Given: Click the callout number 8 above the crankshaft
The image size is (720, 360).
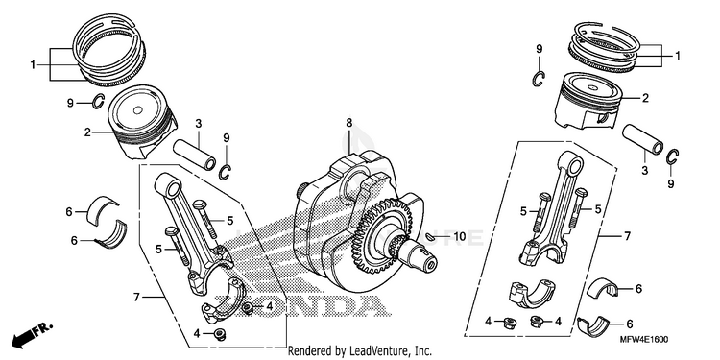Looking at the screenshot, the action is tap(349, 123).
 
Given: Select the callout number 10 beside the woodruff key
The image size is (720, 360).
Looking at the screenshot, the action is tap(460, 236).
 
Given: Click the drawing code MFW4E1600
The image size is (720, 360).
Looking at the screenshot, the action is tap(645, 339).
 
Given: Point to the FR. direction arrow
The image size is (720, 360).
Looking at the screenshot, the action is tap(32, 334).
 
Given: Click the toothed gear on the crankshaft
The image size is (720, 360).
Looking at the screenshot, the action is tap(382, 234).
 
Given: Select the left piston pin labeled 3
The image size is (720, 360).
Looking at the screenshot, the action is tap(195, 156).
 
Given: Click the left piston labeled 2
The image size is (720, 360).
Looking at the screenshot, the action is tap(142, 122).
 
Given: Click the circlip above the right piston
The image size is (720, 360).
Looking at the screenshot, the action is tap(540, 79).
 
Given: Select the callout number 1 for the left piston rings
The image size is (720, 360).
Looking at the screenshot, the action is tap(33, 65).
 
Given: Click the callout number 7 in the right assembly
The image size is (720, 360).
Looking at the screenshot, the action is tap(627, 236).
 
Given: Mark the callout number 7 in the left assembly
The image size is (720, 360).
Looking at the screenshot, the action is tap(136, 297).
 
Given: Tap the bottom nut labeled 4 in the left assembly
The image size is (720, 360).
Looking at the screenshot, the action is tap(220, 333).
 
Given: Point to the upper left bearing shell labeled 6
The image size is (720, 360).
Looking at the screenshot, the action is tap(103, 210).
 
